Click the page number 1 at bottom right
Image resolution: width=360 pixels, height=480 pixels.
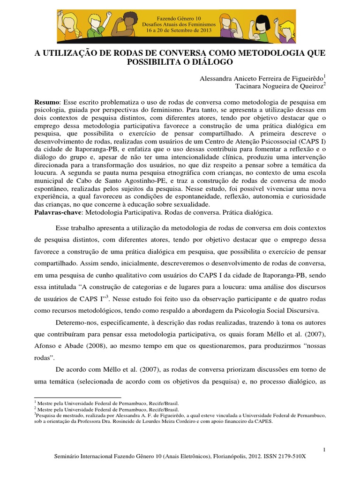(x=324, y=450)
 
